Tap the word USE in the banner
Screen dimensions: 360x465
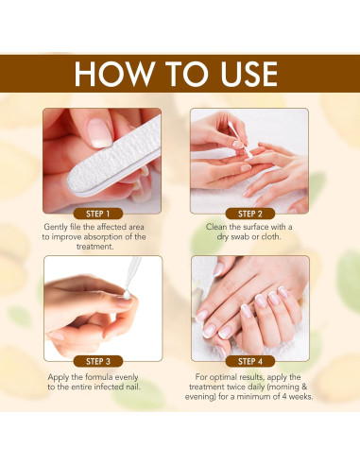tap(249, 74)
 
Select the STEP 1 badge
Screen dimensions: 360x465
tap(98, 214)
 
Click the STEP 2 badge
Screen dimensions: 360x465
tap(250, 214)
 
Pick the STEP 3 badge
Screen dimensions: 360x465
tap(98, 361)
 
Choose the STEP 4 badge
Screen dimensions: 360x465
tap(250, 361)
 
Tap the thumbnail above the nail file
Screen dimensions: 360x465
tap(99, 133)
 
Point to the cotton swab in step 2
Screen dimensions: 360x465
tap(240, 139)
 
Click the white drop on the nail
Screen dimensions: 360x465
tap(127, 295)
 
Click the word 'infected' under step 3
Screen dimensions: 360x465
tap(109, 387)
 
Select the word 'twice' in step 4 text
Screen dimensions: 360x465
tap(230, 387)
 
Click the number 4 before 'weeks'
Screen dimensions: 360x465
tap(284, 397)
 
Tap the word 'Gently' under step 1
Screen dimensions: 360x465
tap(55, 227)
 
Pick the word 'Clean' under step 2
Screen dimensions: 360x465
tap(216, 227)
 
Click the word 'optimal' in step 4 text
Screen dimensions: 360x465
tap(223, 377)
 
